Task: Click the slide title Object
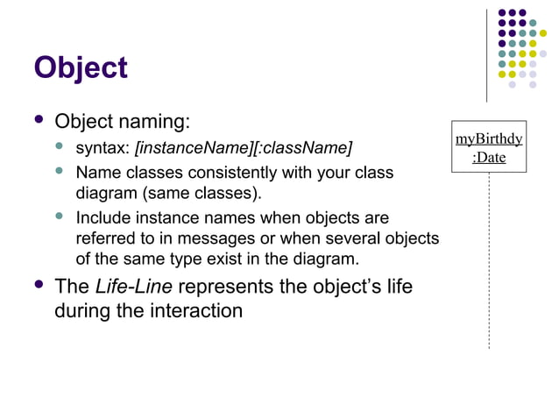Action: click(x=81, y=67)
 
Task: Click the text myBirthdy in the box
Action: click(x=489, y=139)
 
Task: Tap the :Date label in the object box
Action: click(x=489, y=159)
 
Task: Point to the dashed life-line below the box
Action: click(x=489, y=263)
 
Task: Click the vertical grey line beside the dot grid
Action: click(x=487, y=53)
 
